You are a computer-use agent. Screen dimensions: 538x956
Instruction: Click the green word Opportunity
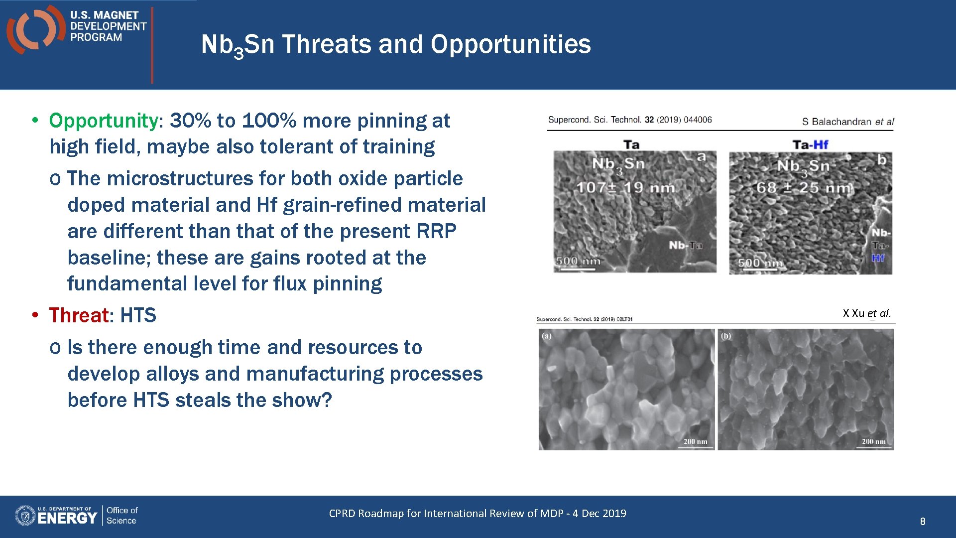pyautogui.click(x=103, y=121)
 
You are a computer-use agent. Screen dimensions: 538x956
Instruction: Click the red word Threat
pyautogui.click(x=79, y=315)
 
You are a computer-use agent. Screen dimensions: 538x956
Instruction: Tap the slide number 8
pyautogui.click(x=922, y=522)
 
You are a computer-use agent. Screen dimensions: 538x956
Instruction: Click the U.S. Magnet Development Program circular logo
pyautogui.click(x=35, y=29)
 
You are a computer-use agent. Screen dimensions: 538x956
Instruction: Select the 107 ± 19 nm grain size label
pyautogui.click(x=625, y=188)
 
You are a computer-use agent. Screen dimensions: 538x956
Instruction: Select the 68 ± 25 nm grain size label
pyautogui.click(x=804, y=188)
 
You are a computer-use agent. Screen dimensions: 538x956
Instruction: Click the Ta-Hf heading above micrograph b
pyautogui.click(x=810, y=144)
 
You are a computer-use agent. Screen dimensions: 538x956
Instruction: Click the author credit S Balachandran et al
pyautogui.click(x=847, y=122)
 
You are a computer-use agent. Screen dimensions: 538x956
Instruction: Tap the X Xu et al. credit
pyautogui.click(x=866, y=313)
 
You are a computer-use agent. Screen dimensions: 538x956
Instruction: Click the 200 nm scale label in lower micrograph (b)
pyautogui.click(x=873, y=441)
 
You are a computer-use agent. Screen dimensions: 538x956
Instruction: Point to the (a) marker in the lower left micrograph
pyautogui.click(x=547, y=336)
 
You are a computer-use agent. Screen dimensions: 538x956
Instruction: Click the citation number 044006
pyautogui.click(x=698, y=120)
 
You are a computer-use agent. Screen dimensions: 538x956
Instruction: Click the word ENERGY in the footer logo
pyautogui.click(x=67, y=518)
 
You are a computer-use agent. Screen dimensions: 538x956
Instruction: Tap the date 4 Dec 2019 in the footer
pyautogui.click(x=599, y=514)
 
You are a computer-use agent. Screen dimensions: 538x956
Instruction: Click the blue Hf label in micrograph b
pyautogui.click(x=878, y=258)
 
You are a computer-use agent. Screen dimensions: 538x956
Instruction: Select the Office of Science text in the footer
pyautogui.click(x=121, y=516)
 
